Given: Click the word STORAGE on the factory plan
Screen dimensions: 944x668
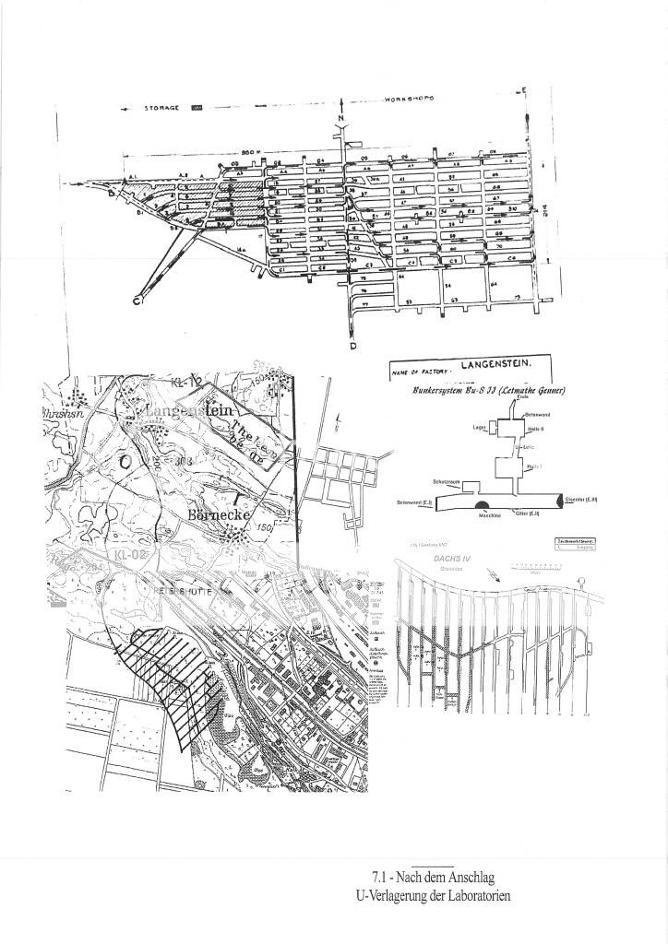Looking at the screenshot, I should coord(165,108).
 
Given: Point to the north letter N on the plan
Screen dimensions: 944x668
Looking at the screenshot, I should coord(340,119).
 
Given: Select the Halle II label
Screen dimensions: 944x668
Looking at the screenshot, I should coord(532,431).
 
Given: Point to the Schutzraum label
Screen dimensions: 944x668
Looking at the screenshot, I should coord(446,481).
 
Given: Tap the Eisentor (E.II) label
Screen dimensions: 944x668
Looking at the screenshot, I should coord(582,499).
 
